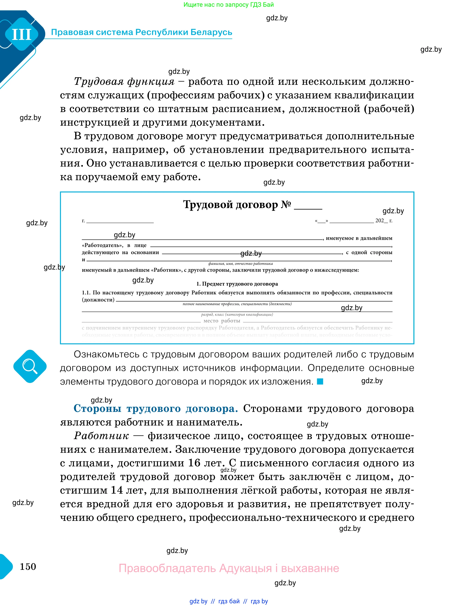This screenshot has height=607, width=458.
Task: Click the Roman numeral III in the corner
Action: [x=22, y=35]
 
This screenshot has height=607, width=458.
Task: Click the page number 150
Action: [x=28, y=566]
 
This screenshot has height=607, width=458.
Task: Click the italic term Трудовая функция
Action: [x=124, y=81]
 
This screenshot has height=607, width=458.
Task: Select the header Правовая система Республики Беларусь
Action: [x=142, y=32]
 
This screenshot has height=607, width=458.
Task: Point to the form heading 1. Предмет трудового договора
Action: [x=237, y=284]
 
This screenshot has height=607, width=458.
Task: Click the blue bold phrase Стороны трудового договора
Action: [x=155, y=409]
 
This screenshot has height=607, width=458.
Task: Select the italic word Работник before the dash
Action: [x=101, y=436]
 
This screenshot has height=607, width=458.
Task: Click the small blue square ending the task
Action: [x=320, y=382]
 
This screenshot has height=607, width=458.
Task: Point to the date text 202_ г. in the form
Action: [x=384, y=221]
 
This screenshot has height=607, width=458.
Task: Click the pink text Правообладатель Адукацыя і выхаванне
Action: [x=229, y=568]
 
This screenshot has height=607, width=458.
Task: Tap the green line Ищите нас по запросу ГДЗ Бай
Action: [x=229, y=5]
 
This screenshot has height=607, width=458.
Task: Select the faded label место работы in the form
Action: [x=221, y=321]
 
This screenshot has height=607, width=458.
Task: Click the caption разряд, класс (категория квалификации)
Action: [x=237, y=315]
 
